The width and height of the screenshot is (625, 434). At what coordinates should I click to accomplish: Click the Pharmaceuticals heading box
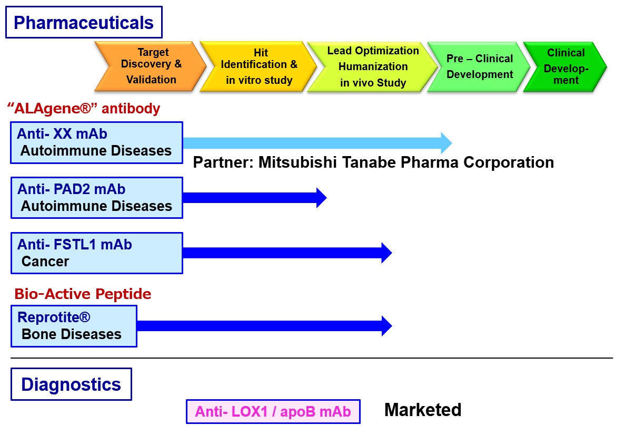coord(84,22)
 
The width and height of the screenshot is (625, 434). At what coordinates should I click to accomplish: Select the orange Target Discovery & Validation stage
coord(151,66)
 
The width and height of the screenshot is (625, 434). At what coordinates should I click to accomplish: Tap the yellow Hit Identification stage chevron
coord(259,66)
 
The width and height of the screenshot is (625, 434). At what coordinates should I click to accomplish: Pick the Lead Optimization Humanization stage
coord(372,66)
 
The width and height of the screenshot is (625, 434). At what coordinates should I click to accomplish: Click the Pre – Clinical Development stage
coord(479,66)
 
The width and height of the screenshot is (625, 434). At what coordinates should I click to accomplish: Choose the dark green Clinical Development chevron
coord(565,66)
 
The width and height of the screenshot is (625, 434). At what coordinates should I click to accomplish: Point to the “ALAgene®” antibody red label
coord(84,108)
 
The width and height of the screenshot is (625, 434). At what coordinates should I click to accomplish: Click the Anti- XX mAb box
coord(96,142)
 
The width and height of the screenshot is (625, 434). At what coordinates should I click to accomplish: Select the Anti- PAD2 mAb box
coord(96,198)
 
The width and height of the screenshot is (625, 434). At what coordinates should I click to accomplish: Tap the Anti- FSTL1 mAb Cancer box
coord(96,253)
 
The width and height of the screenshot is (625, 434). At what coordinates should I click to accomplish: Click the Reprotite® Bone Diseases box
coord(74,326)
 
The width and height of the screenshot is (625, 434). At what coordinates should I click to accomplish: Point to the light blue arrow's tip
coord(452,143)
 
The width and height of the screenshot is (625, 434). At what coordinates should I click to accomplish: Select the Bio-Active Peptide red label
coord(83,294)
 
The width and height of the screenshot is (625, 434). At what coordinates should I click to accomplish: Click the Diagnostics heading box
coord(71,384)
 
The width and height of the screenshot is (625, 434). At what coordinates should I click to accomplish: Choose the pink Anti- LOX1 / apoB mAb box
coord(273,411)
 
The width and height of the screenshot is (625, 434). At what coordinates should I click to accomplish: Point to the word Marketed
coord(423,410)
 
